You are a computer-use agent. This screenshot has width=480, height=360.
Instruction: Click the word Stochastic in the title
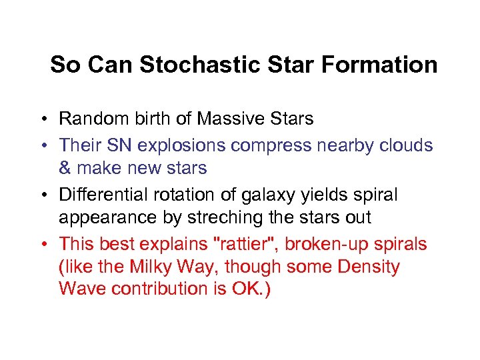pos(193,65)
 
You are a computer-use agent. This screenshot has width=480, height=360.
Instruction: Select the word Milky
pos(151,267)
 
